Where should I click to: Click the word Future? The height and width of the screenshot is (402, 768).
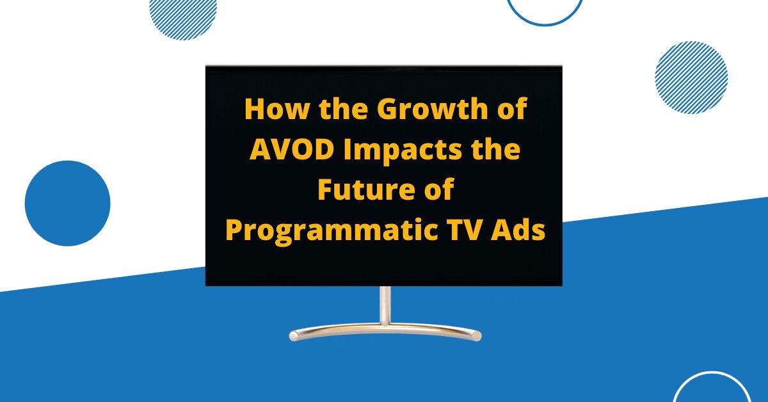click(x=358, y=190)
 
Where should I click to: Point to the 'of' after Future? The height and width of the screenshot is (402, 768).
click(x=438, y=190)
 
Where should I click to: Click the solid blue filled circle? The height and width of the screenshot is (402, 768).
click(x=67, y=203)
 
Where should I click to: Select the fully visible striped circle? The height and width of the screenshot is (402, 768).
click(x=691, y=77)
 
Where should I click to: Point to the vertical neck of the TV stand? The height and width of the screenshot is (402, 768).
click(x=385, y=306)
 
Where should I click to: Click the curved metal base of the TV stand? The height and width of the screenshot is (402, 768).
click(x=385, y=331)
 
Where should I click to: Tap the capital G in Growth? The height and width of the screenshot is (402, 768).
click(x=387, y=109)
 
